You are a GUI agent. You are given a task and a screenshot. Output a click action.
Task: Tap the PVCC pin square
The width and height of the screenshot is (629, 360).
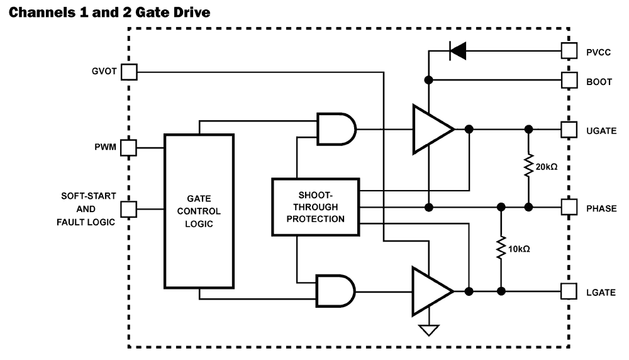[569, 51]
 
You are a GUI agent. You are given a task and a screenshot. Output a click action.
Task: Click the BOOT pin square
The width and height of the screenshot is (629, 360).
[569, 81]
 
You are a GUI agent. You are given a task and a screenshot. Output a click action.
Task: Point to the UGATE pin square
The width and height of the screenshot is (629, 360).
[569, 129]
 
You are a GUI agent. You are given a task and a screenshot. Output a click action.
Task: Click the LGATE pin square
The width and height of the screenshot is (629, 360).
[569, 291]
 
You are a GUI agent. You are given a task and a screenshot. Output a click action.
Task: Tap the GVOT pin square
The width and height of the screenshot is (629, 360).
[129, 72]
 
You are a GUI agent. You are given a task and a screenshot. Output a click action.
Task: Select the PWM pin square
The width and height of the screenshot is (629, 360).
[129, 149]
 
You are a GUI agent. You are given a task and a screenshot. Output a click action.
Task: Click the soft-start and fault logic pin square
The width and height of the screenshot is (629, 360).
[129, 208]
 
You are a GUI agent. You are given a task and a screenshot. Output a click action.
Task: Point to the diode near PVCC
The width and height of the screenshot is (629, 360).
[457, 52]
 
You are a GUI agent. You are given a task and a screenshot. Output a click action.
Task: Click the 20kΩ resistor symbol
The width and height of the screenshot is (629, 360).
[529, 167]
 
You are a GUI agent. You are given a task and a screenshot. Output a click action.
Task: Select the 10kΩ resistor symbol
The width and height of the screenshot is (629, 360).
[501, 249]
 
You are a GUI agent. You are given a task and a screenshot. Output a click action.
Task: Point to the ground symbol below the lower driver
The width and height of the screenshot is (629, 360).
[428, 330]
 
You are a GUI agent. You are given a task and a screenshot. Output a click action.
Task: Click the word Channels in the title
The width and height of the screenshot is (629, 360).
[36, 12]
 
